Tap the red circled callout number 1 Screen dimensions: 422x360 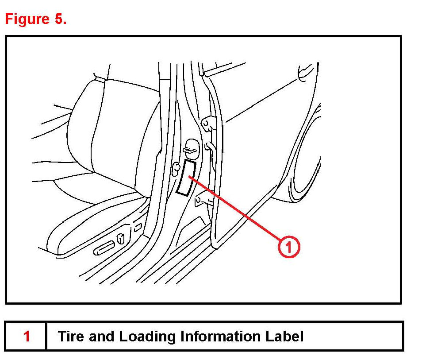[x=288, y=247]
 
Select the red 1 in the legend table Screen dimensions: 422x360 [x=27, y=336]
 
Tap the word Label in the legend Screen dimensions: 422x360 [x=284, y=336]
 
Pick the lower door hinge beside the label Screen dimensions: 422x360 [x=204, y=200]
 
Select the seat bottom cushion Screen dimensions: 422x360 [x=88, y=221]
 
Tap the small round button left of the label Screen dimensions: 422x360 [x=176, y=167]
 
